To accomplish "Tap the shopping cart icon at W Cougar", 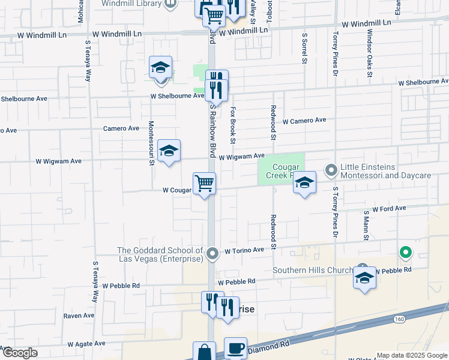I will (204, 184).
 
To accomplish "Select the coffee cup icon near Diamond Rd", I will (235, 348).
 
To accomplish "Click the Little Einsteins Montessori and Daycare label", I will (385, 171).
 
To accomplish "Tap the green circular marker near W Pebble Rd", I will (406, 253).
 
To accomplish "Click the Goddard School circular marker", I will (212, 254).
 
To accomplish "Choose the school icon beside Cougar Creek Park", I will (304, 183).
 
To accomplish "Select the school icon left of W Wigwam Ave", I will (169, 152).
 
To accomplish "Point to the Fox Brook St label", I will (233, 125).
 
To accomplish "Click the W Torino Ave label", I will (244, 250).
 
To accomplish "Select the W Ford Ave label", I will (389, 209).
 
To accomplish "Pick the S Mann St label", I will (366, 224).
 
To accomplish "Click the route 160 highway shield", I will (399, 319).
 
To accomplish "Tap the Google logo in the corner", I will (19, 353).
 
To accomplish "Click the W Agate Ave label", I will (87, 344).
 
